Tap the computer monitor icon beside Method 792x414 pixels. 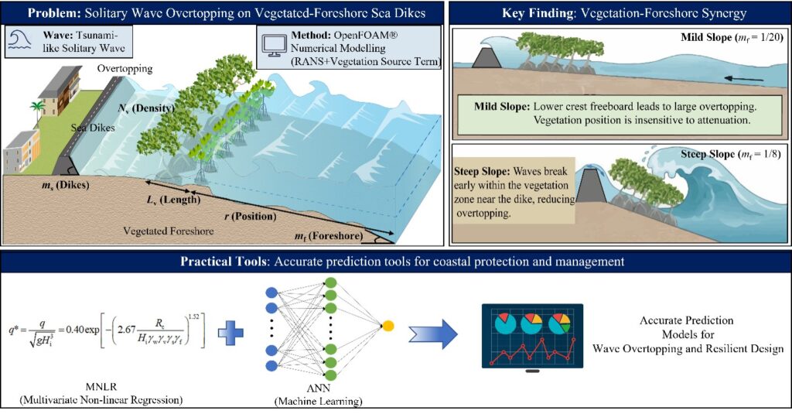point(275,46)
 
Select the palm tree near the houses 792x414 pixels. point(36,111)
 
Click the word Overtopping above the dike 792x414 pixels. point(125,69)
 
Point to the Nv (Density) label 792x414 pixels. point(146,108)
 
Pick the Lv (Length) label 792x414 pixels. point(173,200)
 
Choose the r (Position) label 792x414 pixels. point(251,217)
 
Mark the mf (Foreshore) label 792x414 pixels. point(329,236)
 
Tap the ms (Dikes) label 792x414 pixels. point(66,185)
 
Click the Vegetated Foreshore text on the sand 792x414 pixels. point(169,231)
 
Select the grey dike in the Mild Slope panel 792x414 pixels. point(486,56)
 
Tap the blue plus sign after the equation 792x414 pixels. point(230,333)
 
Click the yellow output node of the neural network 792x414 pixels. point(388,326)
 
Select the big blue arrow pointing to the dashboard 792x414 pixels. point(433,334)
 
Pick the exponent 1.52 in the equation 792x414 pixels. point(194,317)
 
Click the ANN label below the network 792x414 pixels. point(318,388)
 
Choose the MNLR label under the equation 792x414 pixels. point(101,387)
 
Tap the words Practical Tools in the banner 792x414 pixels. point(220,262)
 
